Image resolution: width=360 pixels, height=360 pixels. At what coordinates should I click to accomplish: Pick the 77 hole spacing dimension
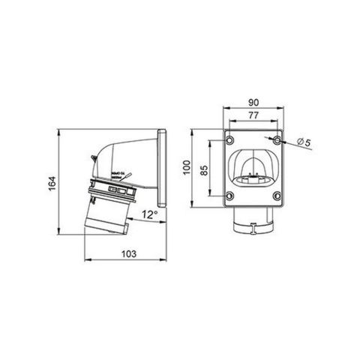click(253, 115)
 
